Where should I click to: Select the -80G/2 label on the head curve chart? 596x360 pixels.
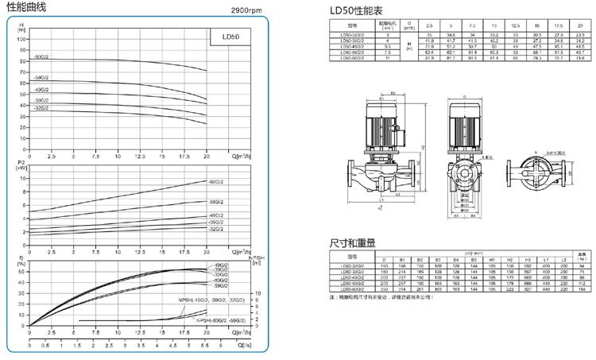(x=41, y=57)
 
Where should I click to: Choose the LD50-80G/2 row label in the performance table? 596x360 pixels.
(x=350, y=59)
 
